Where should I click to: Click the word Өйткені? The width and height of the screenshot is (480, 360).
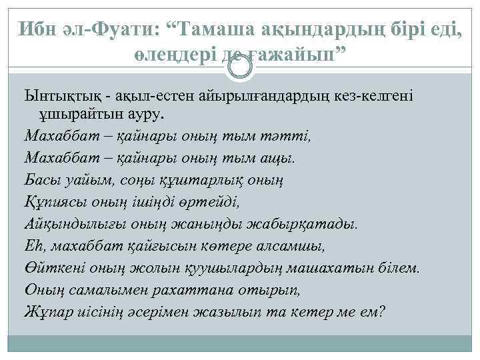pyautogui.click(x=51, y=267)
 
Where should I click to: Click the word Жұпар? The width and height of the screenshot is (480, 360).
pyautogui.click(x=45, y=311)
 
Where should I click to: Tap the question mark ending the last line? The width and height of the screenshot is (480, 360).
pyautogui.click(x=381, y=311)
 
